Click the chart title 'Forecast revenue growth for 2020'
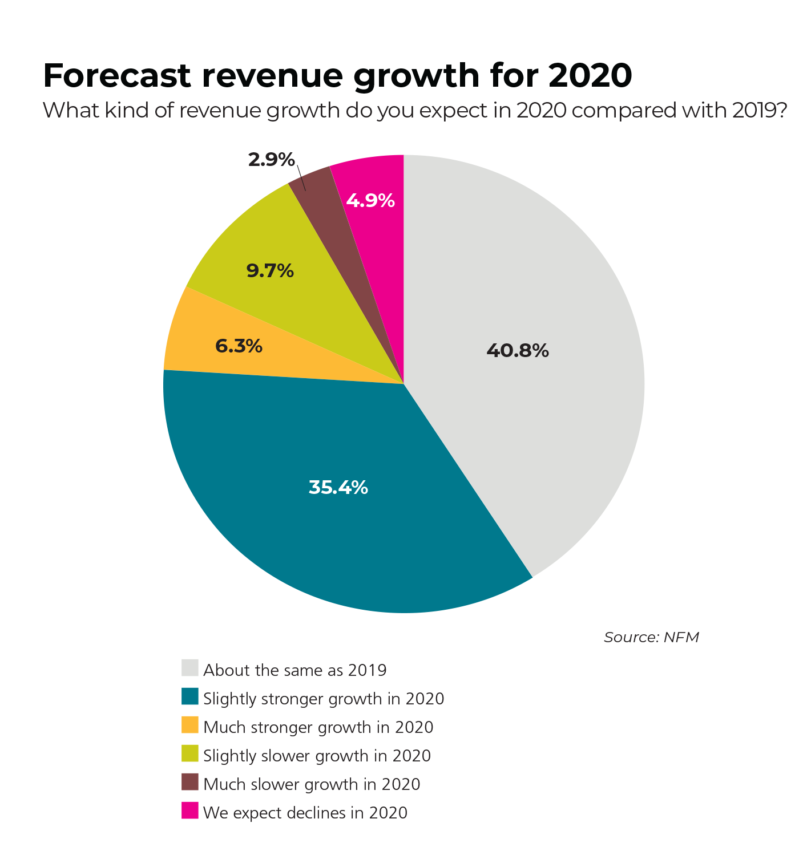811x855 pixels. point(337,75)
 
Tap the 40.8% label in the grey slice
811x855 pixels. point(517,350)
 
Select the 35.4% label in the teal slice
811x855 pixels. point(338,488)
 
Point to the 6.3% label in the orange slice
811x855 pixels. point(239,346)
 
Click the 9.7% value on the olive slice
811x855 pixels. point(270,270)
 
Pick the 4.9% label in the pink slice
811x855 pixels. point(370,201)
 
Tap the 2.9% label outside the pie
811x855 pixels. point(271,160)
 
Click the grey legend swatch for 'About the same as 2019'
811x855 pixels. point(190,668)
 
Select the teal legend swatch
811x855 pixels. point(190,696)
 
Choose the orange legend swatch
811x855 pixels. point(190,725)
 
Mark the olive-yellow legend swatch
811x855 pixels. point(190,753)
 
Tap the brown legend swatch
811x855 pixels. point(190,782)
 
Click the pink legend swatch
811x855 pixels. point(190,811)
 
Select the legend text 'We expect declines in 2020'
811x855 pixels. point(305,813)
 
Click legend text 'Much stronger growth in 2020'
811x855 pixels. point(318,727)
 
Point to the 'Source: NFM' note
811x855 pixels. point(651,637)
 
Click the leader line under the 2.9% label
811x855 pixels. point(301,178)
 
